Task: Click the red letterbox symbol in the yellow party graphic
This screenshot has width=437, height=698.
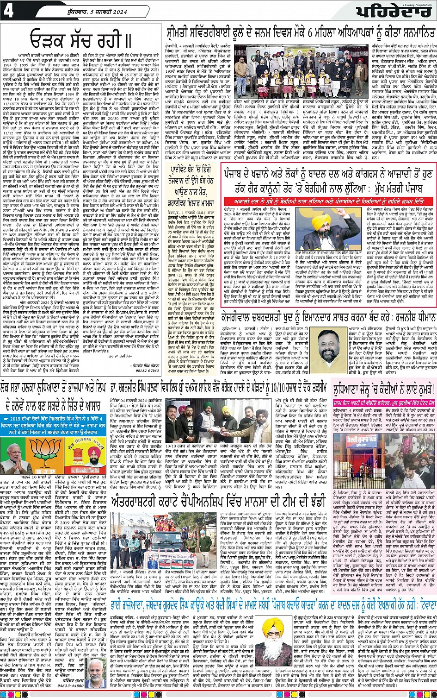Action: pos(66,451)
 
